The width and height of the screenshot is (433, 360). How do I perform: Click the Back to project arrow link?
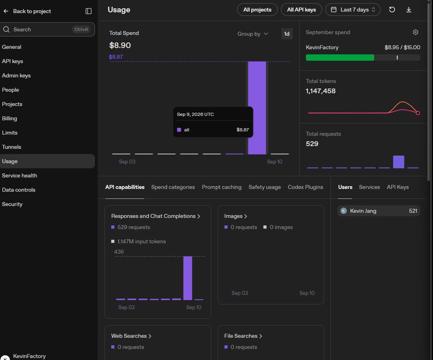tap(27, 11)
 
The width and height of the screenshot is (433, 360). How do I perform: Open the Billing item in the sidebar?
tap(10, 118)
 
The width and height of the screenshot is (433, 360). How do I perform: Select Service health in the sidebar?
tap(19, 175)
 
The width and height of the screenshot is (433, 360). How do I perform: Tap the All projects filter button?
tap(257, 10)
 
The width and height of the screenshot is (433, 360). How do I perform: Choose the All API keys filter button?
tap(301, 10)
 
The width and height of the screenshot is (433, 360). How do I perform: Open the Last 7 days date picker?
tap(353, 10)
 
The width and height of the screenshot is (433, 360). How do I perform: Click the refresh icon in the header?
tap(392, 10)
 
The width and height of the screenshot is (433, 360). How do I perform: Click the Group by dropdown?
tap(253, 34)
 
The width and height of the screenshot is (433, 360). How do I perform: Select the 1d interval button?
tap(287, 34)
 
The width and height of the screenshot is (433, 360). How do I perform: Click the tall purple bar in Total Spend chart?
tap(257, 108)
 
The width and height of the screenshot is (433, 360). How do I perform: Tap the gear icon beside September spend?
tap(416, 32)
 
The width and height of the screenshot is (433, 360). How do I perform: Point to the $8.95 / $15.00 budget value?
tap(402, 47)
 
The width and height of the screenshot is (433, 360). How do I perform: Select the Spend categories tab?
tap(173, 187)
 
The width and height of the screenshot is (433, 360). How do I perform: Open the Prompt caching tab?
tap(222, 187)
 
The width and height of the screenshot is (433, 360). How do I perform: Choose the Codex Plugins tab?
tap(305, 187)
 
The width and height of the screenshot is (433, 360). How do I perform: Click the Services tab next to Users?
tap(369, 187)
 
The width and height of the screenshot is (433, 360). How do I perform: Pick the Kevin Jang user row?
tap(379, 211)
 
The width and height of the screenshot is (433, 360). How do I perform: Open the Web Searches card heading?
tap(131, 336)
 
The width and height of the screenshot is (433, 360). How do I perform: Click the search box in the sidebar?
tap(47, 29)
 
